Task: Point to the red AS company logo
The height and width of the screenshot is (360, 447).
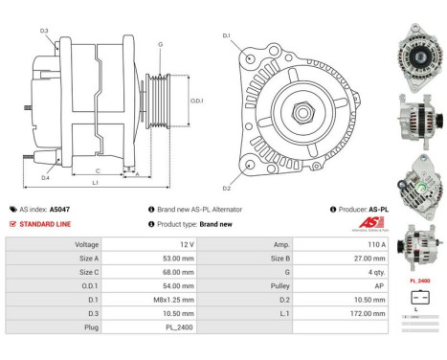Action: pyautogui.click(x=351, y=224)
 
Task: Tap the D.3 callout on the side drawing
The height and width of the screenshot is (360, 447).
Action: pyautogui.click(x=44, y=31)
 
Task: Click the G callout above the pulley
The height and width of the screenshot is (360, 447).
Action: pyautogui.click(x=160, y=44)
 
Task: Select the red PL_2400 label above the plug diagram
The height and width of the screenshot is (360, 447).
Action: pyautogui.click(x=419, y=281)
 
